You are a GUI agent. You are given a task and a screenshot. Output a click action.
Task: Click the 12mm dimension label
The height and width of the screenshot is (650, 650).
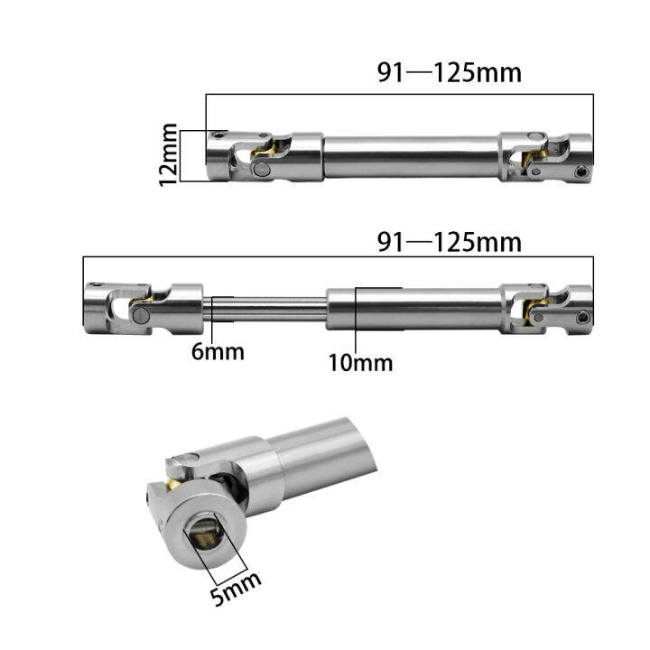[x=169, y=155]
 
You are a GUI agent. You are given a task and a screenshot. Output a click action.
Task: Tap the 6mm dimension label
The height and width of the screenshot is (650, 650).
[x=218, y=352]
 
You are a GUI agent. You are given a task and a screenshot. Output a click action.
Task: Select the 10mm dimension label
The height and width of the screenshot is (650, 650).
[x=360, y=363]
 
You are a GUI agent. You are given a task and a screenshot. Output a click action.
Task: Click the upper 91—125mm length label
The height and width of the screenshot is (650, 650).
[x=449, y=73]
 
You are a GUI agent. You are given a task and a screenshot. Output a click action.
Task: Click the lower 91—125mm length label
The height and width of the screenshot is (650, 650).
[x=449, y=242]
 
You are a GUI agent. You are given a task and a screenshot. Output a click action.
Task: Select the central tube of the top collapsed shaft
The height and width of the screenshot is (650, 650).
[x=411, y=156]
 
